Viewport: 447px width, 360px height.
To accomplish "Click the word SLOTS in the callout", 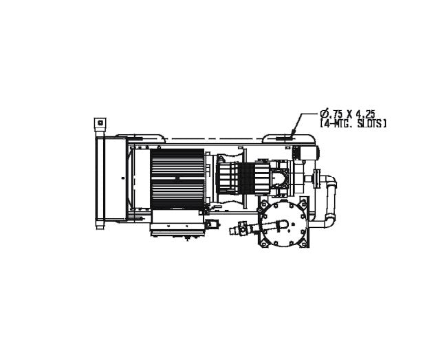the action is click(371, 123).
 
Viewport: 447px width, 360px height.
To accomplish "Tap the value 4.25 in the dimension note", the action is click(365, 114).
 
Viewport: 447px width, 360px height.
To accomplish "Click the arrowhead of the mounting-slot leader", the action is click(293, 133).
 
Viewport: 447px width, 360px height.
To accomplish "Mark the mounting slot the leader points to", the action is click(284, 138).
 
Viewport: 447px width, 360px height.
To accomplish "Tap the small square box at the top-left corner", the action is click(100, 123).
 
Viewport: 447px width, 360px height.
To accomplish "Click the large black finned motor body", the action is click(177, 179).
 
